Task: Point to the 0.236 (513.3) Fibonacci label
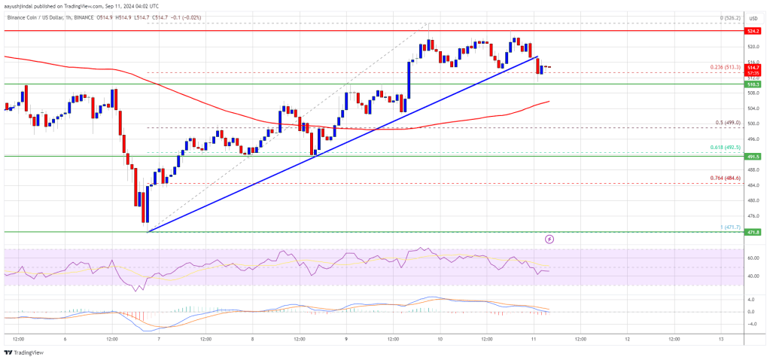(x=726, y=68)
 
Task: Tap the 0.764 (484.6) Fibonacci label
(x=726, y=178)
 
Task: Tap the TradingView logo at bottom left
(x=23, y=352)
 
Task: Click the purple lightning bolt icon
(x=549, y=239)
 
